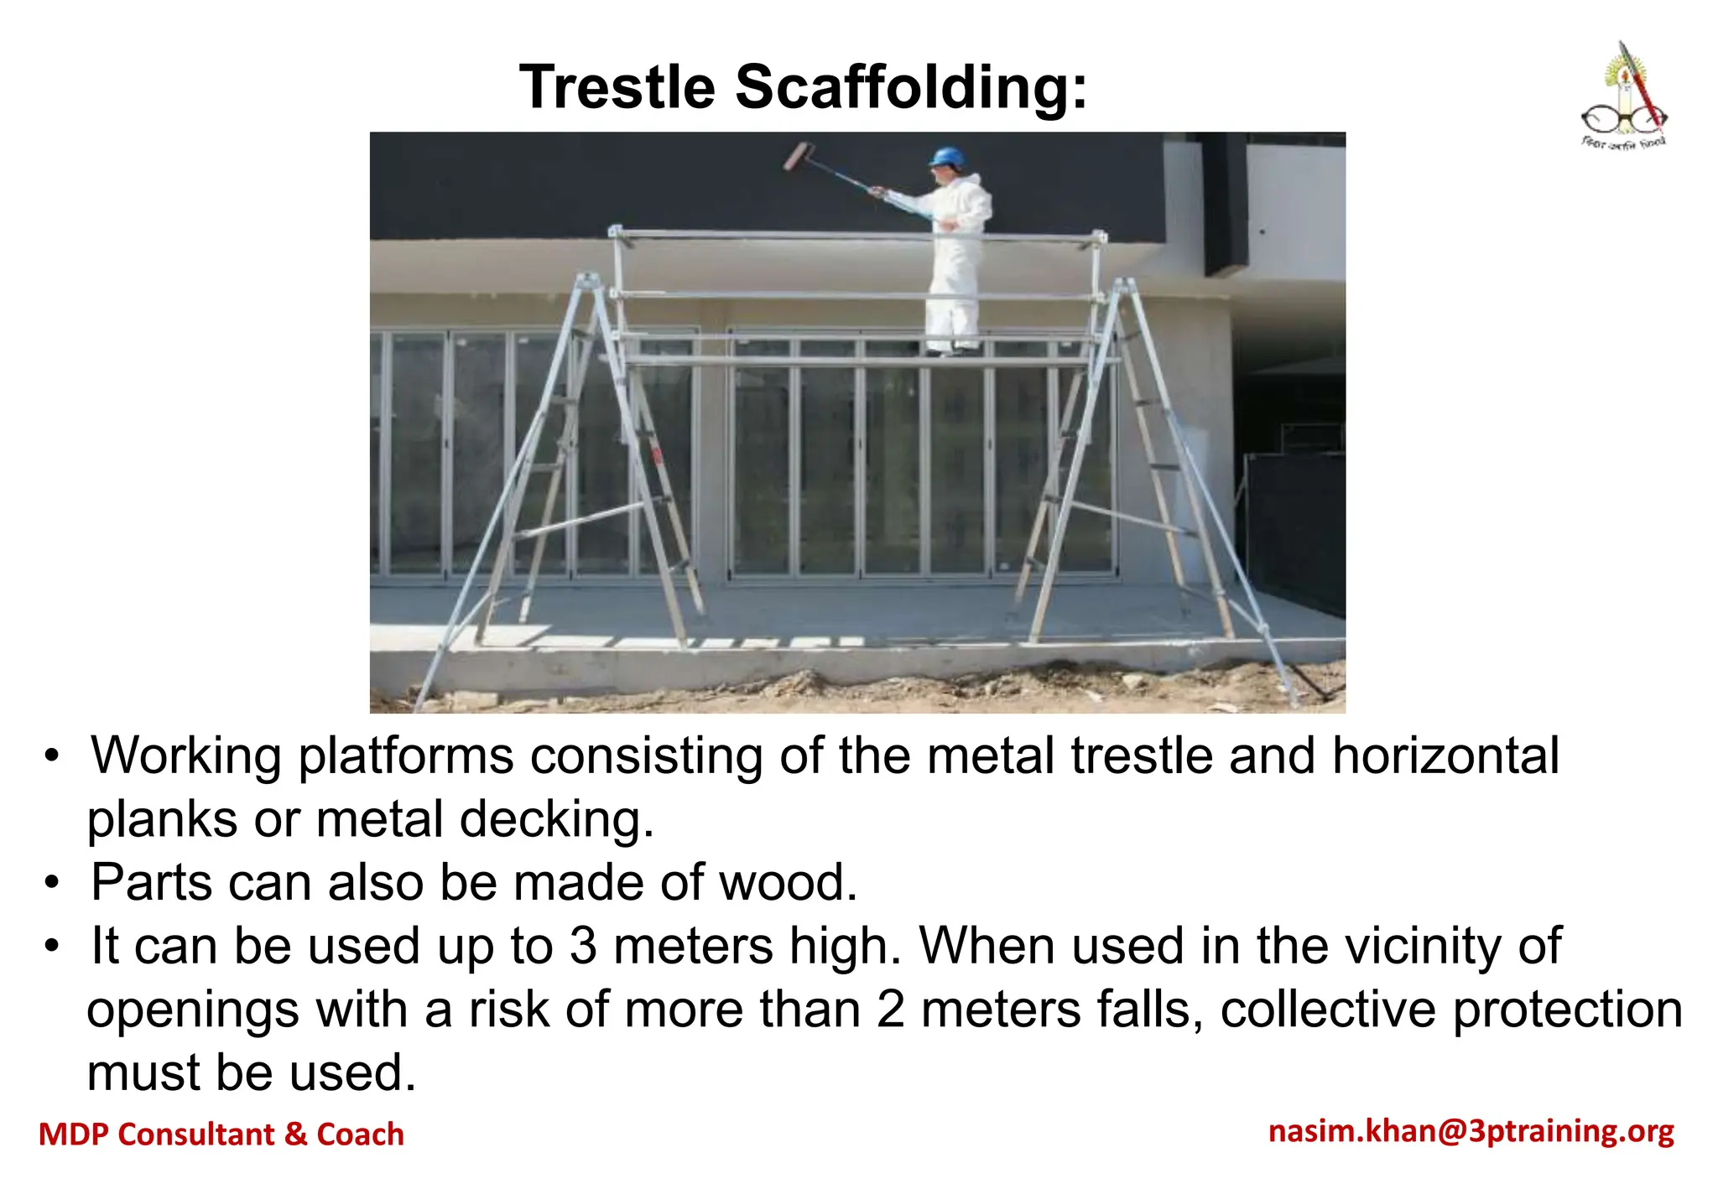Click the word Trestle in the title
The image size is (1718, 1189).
617,87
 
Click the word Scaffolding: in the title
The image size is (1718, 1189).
911,87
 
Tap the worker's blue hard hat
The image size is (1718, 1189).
948,157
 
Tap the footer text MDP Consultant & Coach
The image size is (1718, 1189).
221,1134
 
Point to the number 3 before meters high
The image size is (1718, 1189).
582,946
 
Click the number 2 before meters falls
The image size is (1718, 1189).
891,1009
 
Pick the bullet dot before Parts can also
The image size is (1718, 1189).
53,883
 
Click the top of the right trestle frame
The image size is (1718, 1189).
1124,288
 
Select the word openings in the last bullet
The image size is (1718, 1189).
192,1010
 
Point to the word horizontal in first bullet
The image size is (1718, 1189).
1445,755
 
